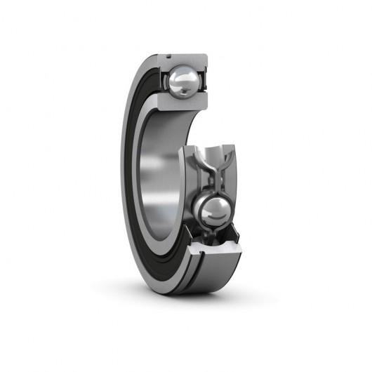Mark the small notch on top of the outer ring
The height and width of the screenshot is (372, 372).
[x=169, y=53]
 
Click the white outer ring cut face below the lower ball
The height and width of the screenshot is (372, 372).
[x=214, y=248]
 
